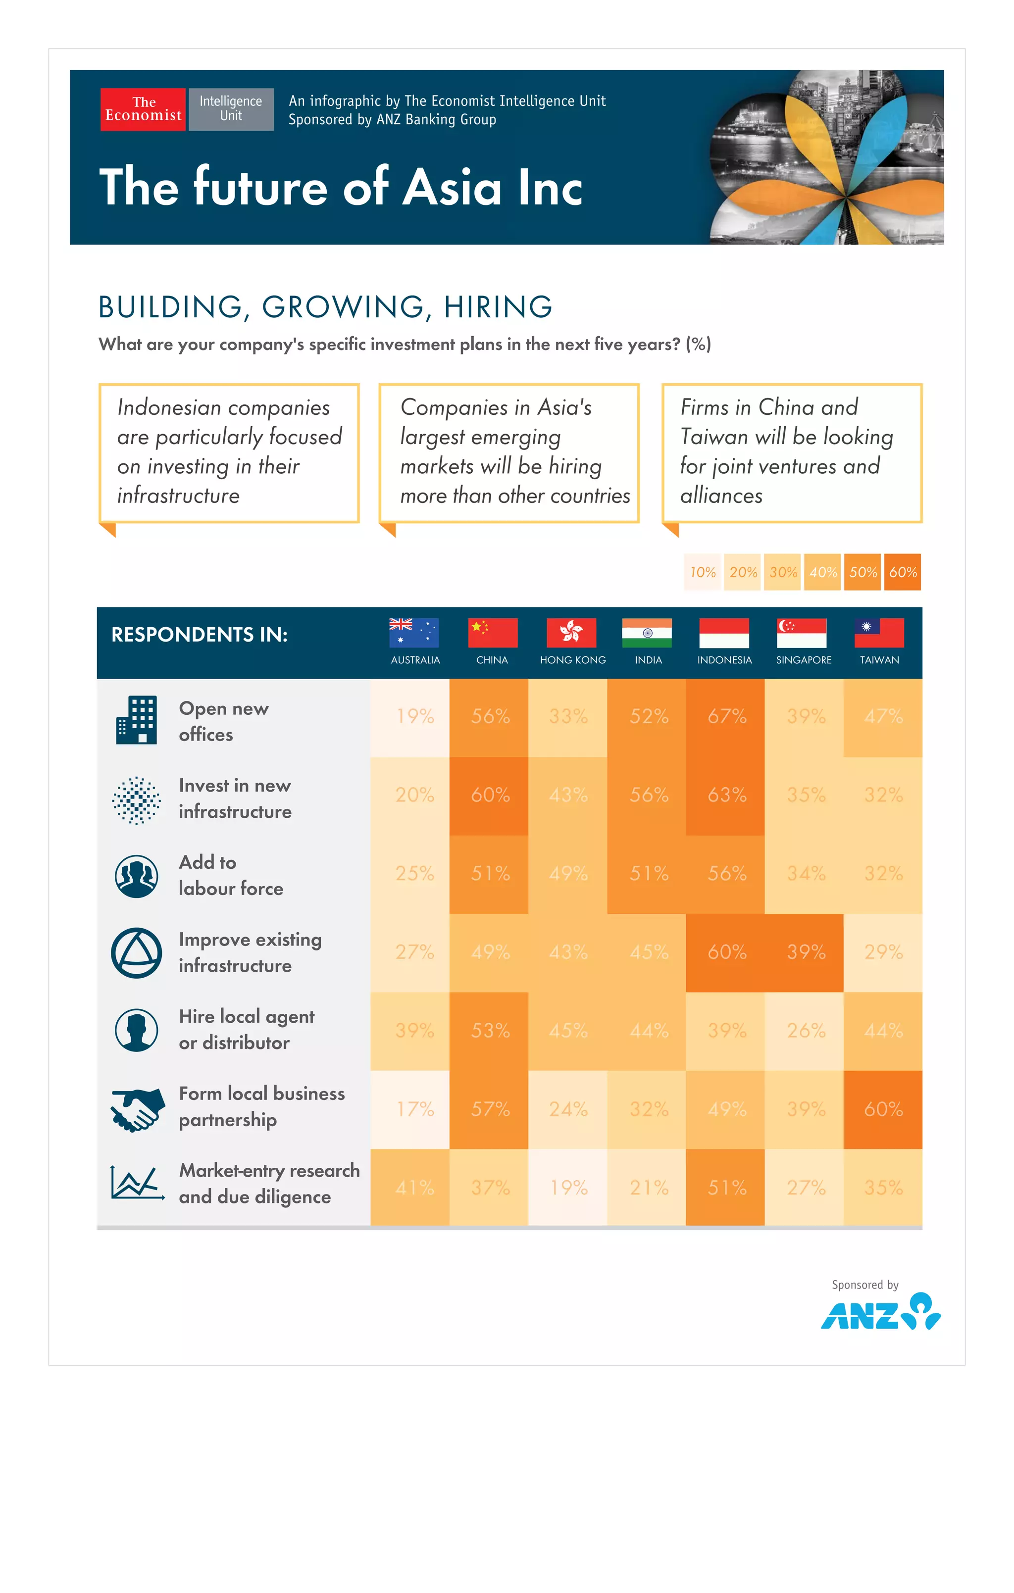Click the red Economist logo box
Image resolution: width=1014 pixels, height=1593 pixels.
pos(143,109)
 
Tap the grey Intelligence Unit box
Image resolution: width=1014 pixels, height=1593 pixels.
pos(231,109)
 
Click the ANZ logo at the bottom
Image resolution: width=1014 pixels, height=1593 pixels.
pos(880,1312)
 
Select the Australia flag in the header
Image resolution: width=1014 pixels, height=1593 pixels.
pos(414,633)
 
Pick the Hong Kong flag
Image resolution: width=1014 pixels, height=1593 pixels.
pos(571,633)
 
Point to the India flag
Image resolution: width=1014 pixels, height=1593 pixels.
pos(647,633)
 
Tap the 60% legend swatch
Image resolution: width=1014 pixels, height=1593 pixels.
pos(902,572)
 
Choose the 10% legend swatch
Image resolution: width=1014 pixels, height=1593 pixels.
pos(702,572)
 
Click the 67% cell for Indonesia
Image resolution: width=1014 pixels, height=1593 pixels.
pos(726,716)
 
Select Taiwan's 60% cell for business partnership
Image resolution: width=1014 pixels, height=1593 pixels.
pos(883,1109)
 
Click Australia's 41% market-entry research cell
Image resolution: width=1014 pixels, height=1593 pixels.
pos(414,1188)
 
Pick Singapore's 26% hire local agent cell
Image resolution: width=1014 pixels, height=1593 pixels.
pos(805,1031)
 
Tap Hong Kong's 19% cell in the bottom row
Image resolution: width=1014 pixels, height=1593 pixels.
pos(568,1188)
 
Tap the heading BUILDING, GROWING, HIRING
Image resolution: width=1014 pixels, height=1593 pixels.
pos(325,307)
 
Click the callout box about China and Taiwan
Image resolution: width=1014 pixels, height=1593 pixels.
pos(792,452)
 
